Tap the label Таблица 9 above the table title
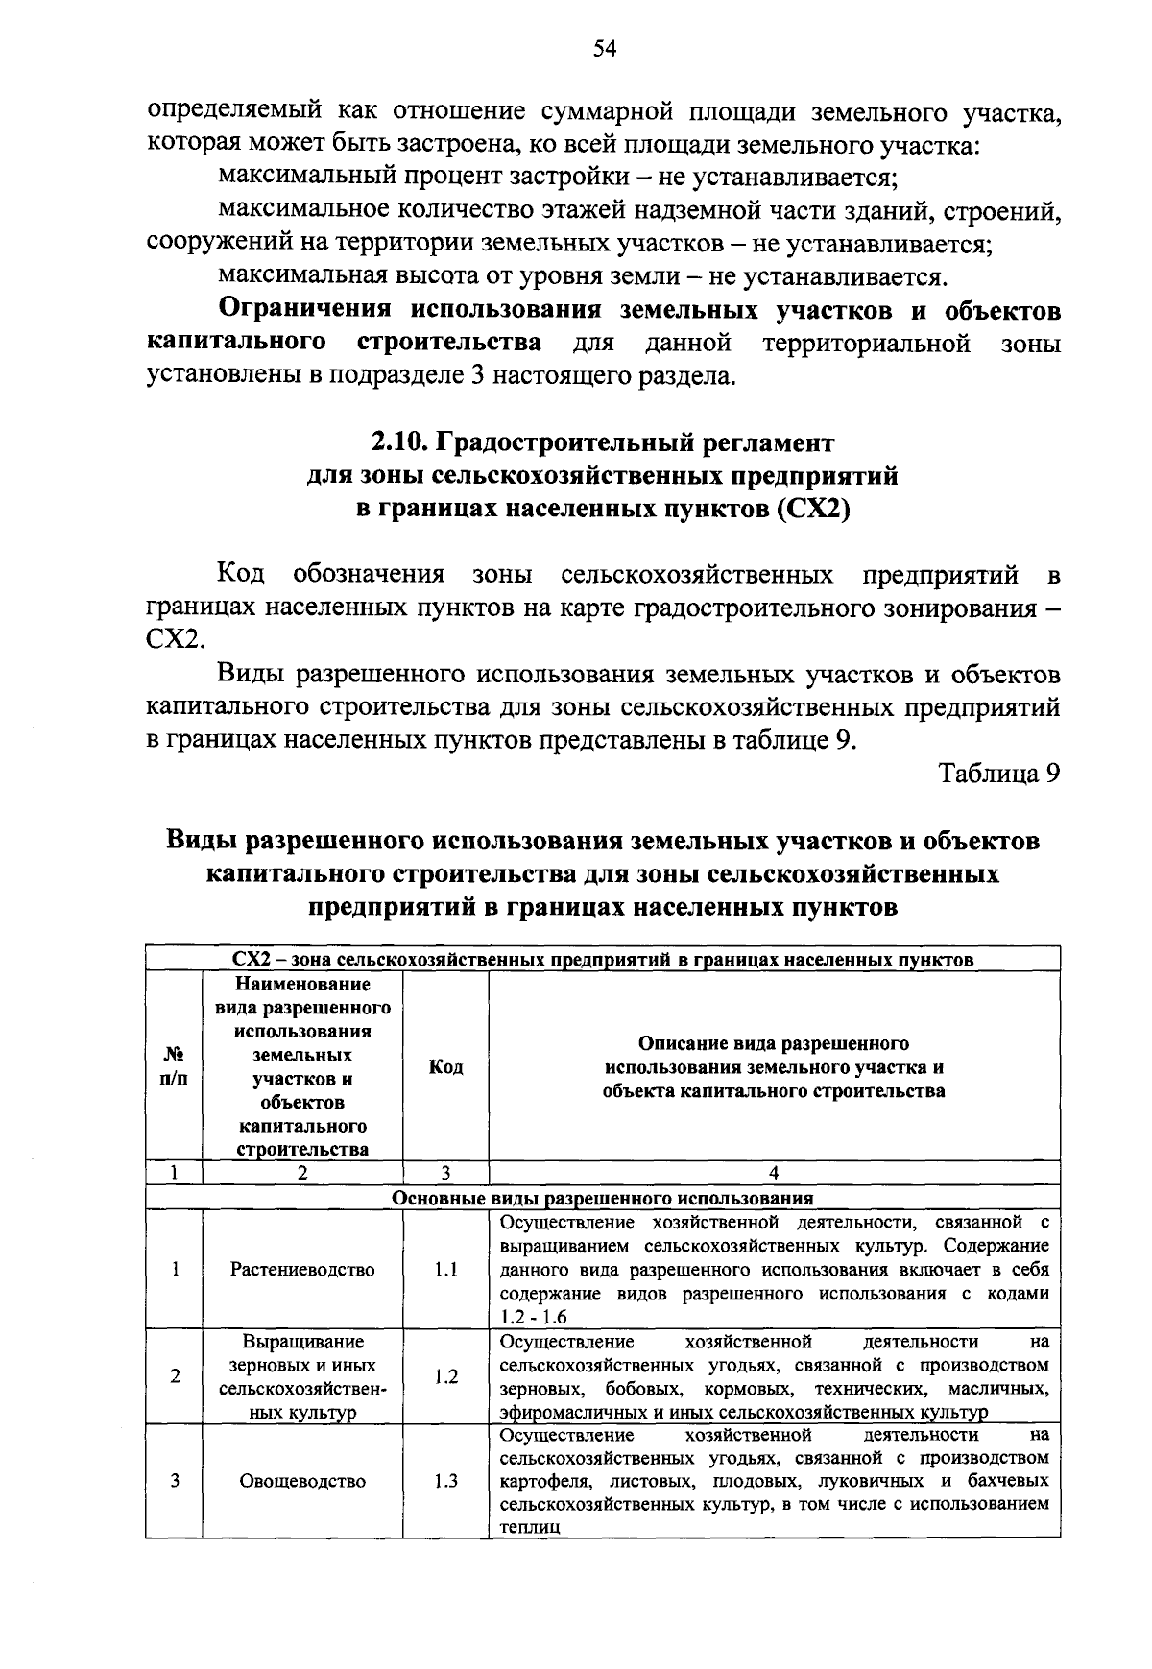998,774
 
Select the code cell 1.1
445,1270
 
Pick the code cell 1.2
445,1376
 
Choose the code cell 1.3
445,1481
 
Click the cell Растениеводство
302,1270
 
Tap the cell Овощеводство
302,1481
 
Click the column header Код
445,1067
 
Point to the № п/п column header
174,1066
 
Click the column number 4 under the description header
774,1172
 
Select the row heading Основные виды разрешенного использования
603,1198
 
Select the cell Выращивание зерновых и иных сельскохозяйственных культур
302,1376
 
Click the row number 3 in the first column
175,1481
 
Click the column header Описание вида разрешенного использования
774,1066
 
